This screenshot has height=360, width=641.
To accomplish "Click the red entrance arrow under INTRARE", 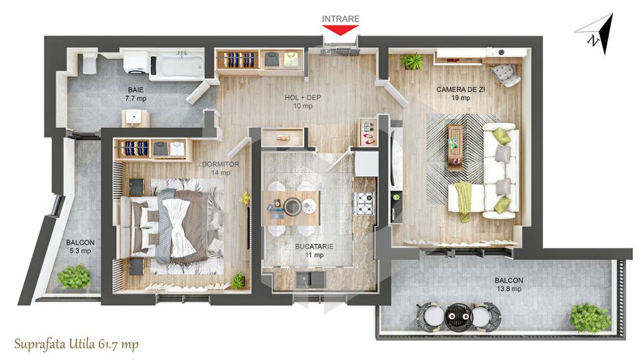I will tap(340, 31).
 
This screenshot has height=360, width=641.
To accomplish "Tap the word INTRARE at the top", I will tap(340, 18).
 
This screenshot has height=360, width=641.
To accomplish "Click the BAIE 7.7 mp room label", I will tap(135, 94).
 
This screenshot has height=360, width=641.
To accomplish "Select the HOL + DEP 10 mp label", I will tap(303, 101).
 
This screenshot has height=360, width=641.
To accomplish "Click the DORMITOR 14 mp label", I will tap(220, 168).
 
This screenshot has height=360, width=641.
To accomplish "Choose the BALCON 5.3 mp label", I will tap(80, 247).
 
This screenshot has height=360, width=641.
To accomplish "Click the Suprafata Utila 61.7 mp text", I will tap(76, 344).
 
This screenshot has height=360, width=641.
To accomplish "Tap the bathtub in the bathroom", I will tap(177, 66).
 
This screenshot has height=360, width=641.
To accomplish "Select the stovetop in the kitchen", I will tap(364, 202).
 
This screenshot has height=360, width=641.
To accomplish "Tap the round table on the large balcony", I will tap(455, 315).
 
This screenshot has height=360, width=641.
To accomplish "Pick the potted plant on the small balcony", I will tap(73, 277).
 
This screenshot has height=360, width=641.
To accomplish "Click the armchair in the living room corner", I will tap(505, 72).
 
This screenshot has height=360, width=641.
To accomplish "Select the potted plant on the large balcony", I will tap(589, 317).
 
